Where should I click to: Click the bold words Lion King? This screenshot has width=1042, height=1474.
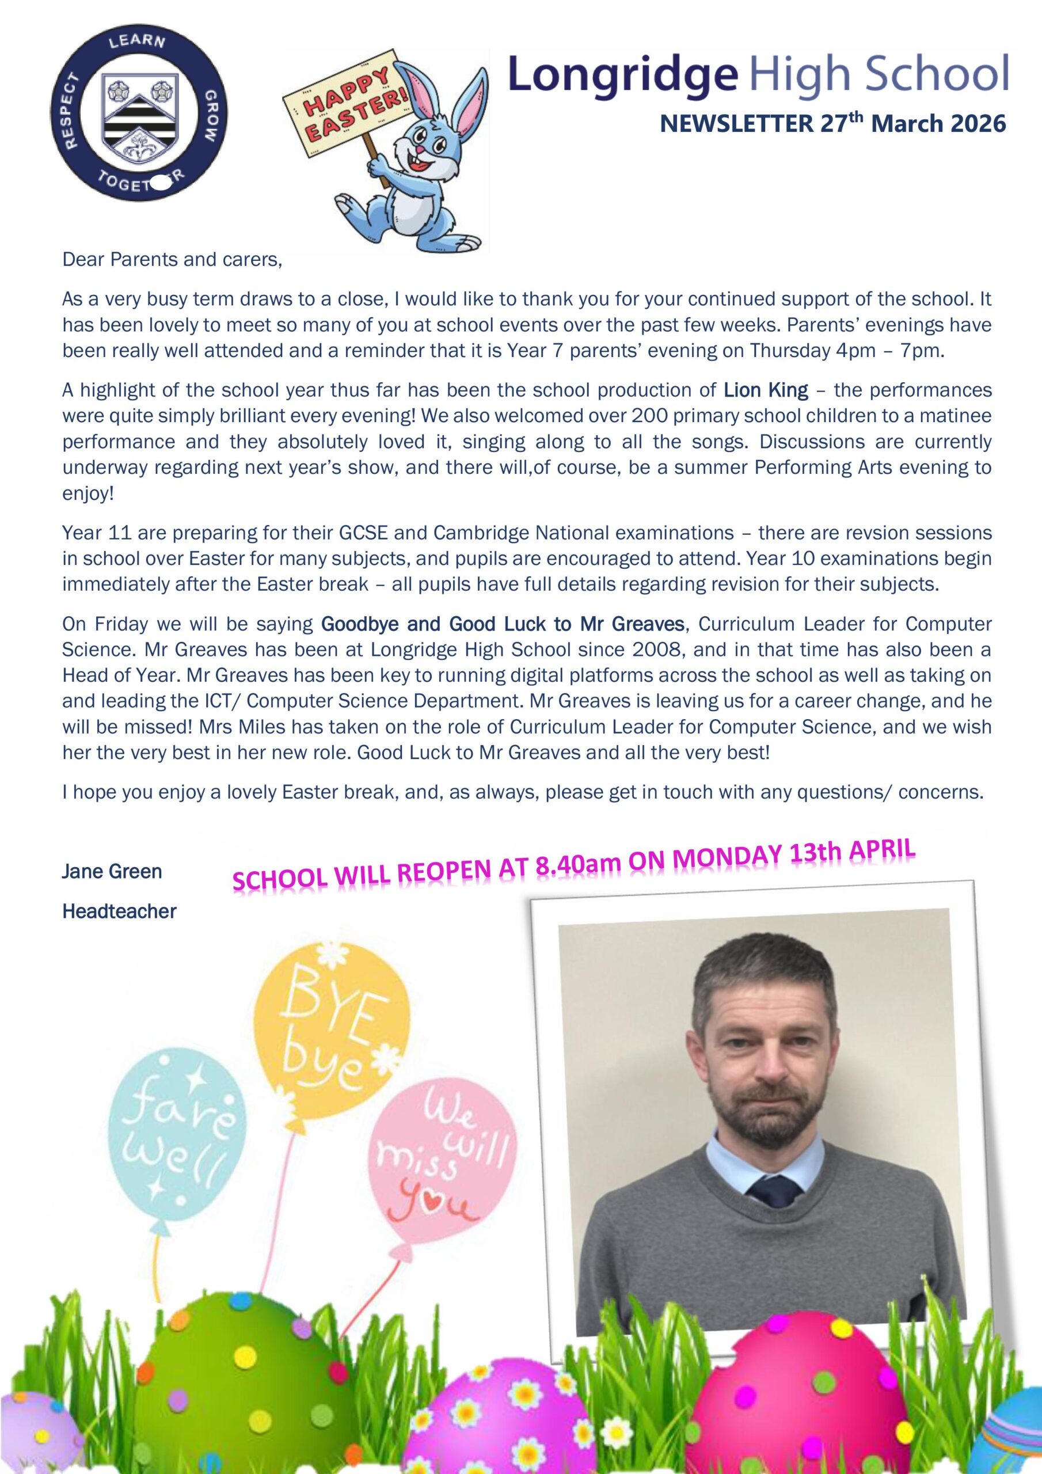pyautogui.click(x=766, y=390)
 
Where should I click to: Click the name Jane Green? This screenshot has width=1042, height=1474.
pyautogui.click(x=112, y=872)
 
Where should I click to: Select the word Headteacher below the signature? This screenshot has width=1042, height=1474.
pyautogui.click(x=119, y=911)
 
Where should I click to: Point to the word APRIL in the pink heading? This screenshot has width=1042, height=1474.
pyautogui.click(x=882, y=849)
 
